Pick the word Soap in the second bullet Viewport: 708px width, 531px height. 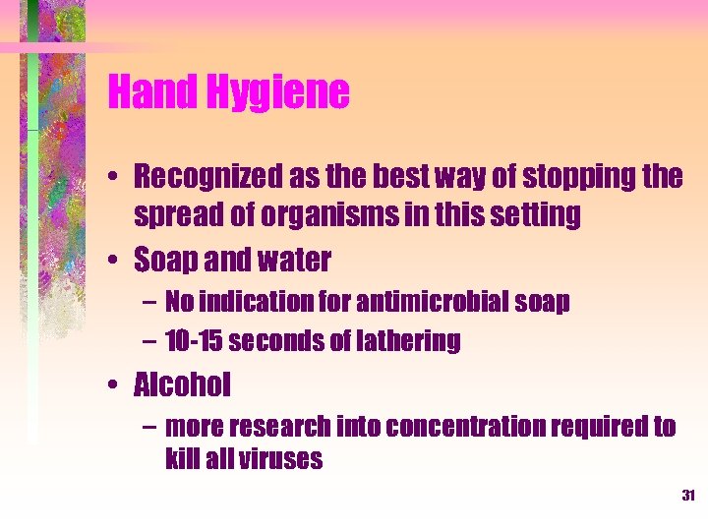click(x=163, y=260)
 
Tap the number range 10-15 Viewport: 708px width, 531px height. click(x=194, y=341)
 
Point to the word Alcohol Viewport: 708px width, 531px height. click(x=183, y=385)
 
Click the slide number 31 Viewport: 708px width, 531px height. click(x=687, y=496)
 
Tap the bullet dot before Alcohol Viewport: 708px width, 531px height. click(x=116, y=386)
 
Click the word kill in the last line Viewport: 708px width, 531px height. click(x=182, y=459)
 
